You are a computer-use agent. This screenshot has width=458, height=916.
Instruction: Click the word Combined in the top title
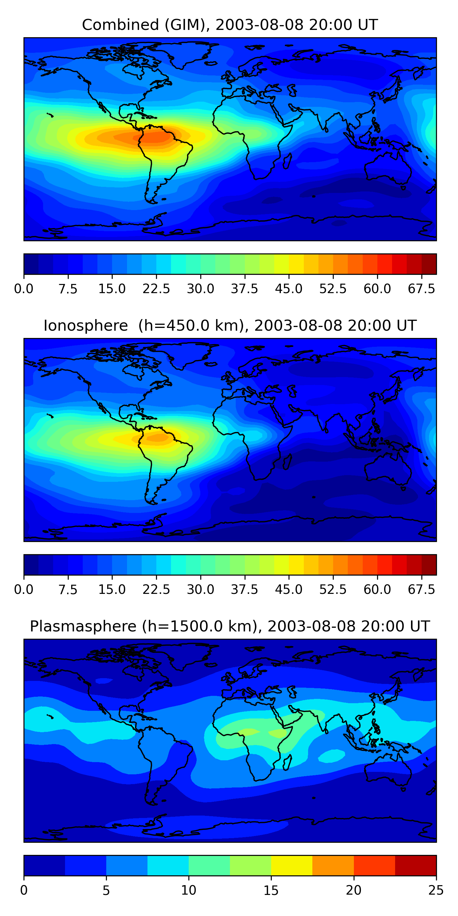point(120,25)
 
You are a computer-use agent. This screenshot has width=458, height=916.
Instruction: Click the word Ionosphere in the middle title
point(85,326)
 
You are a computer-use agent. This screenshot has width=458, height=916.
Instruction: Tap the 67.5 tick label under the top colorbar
point(421,289)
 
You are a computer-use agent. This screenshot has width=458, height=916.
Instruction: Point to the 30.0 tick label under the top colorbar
point(201,289)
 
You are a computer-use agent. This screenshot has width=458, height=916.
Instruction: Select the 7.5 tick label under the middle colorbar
point(68,590)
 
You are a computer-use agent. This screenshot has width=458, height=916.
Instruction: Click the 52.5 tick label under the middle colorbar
point(333,590)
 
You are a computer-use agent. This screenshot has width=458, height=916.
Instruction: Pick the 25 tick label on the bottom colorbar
point(436,890)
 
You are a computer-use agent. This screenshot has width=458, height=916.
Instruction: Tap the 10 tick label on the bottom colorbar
point(188,890)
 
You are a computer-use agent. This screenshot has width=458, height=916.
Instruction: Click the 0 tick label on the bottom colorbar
point(24,890)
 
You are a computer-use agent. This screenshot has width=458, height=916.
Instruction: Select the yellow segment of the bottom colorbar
point(292,866)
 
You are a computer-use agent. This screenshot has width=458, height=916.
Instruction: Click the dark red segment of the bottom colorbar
point(415,866)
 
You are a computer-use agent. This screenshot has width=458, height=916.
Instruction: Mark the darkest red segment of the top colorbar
point(429,264)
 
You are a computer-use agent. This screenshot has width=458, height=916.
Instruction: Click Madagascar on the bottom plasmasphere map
point(287,762)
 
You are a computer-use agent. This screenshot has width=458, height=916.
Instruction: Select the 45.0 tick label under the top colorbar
point(289,289)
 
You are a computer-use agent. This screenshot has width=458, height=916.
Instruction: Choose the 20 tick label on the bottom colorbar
point(354,890)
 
